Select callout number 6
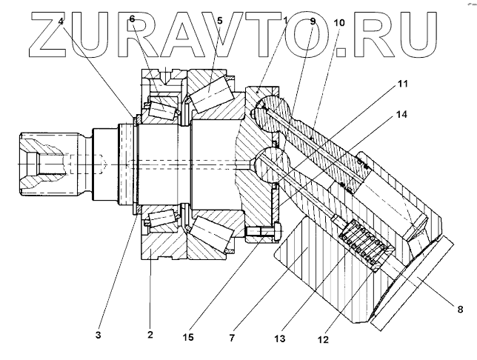point(132,19)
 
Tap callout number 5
point(219,21)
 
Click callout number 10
point(340,23)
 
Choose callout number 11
point(403,87)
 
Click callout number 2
point(150,334)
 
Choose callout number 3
point(98,334)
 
